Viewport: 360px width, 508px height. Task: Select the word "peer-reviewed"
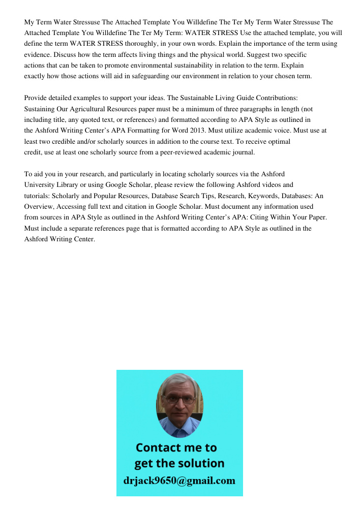(166, 152)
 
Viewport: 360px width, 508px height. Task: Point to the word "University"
(39, 184)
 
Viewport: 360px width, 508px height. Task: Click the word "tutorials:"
(38, 196)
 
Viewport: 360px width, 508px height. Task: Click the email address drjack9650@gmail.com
(179, 481)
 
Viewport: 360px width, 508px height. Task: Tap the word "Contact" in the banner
(158, 448)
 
